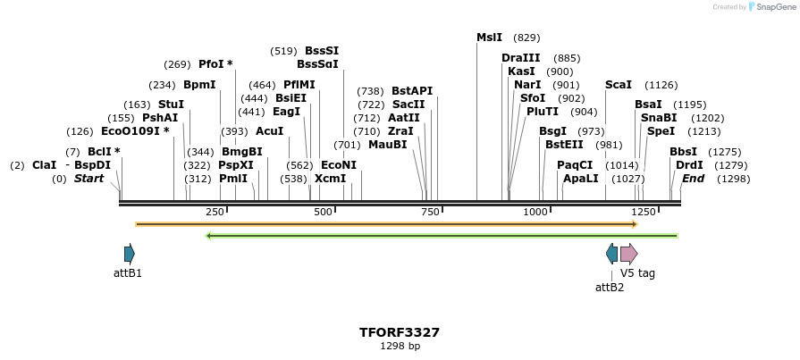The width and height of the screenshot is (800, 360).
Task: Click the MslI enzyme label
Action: (489, 38)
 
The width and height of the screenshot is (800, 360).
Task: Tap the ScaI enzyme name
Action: (619, 85)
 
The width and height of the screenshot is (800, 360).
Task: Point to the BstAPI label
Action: (412, 91)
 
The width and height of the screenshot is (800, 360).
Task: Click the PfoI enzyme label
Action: (215, 64)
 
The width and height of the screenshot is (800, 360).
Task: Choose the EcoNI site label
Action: (338, 165)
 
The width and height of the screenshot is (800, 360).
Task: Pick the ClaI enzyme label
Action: (44, 165)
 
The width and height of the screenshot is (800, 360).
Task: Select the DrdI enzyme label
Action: (689, 165)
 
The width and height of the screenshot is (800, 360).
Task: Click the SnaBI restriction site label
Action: (659, 118)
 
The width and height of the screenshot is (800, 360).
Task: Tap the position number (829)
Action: (526, 38)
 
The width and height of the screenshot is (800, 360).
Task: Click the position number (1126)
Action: (661, 85)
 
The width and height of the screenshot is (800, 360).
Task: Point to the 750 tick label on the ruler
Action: (430, 212)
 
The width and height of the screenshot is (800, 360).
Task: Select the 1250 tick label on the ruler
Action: (644, 212)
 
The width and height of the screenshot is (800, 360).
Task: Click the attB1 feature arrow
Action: (130, 253)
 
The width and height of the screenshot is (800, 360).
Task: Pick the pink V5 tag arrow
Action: (628, 253)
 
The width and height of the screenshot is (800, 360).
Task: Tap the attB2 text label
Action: (610, 287)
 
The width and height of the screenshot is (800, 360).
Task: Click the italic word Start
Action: (88, 179)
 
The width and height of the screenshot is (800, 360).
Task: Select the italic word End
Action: (693, 179)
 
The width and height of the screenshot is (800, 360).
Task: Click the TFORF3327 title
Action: (400, 332)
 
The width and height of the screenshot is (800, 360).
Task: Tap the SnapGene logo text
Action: (775, 7)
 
